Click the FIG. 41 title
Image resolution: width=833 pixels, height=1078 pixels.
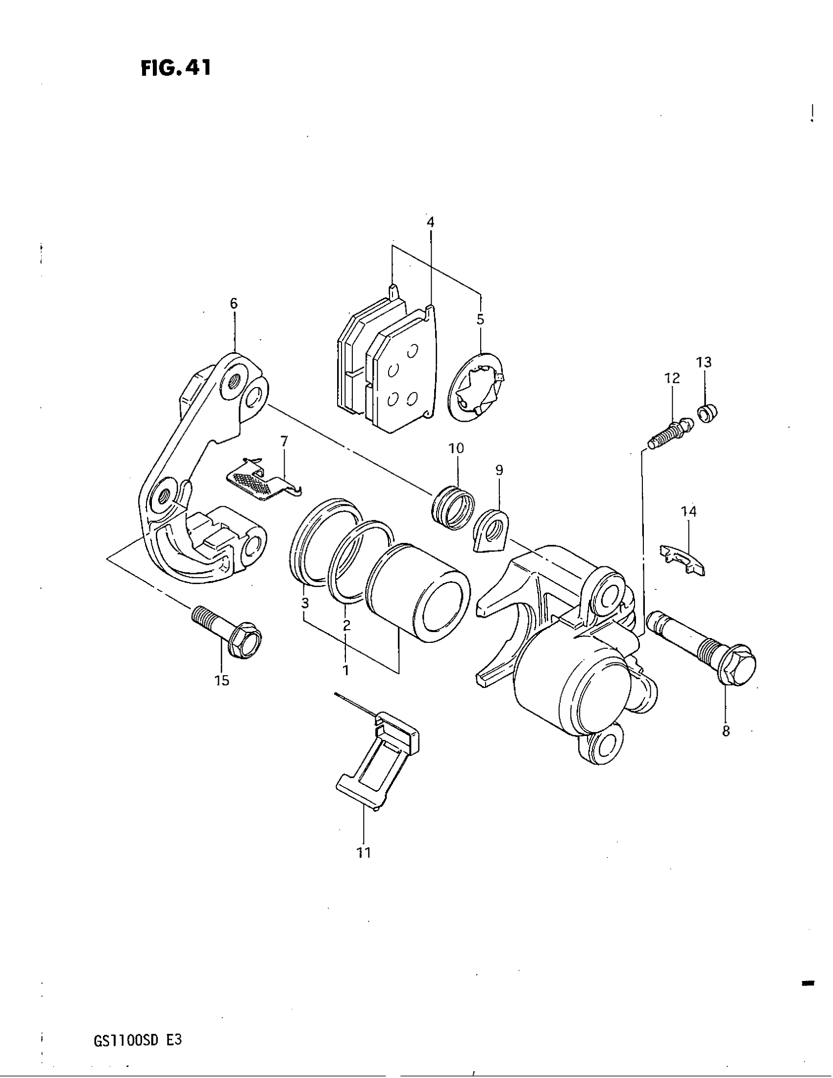(x=176, y=68)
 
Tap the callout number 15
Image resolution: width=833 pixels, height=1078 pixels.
(x=222, y=681)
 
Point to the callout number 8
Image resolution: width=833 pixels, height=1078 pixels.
(x=726, y=731)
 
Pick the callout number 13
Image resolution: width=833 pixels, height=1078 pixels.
(x=704, y=362)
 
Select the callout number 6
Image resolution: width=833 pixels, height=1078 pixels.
(x=234, y=303)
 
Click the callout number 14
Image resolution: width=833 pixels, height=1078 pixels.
(x=689, y=512)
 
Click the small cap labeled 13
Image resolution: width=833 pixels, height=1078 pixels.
(x=707, y=412)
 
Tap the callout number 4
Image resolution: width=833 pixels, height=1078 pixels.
(x=430, y=222)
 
